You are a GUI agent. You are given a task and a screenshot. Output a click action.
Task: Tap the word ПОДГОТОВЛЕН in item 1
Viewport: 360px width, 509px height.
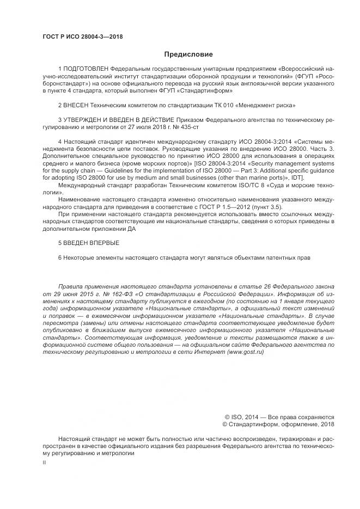point(86,70)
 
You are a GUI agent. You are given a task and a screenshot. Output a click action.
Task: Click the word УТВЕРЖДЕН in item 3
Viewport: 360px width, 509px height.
point(84,119)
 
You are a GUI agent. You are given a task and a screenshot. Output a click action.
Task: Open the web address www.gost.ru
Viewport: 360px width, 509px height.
point(245,352)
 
